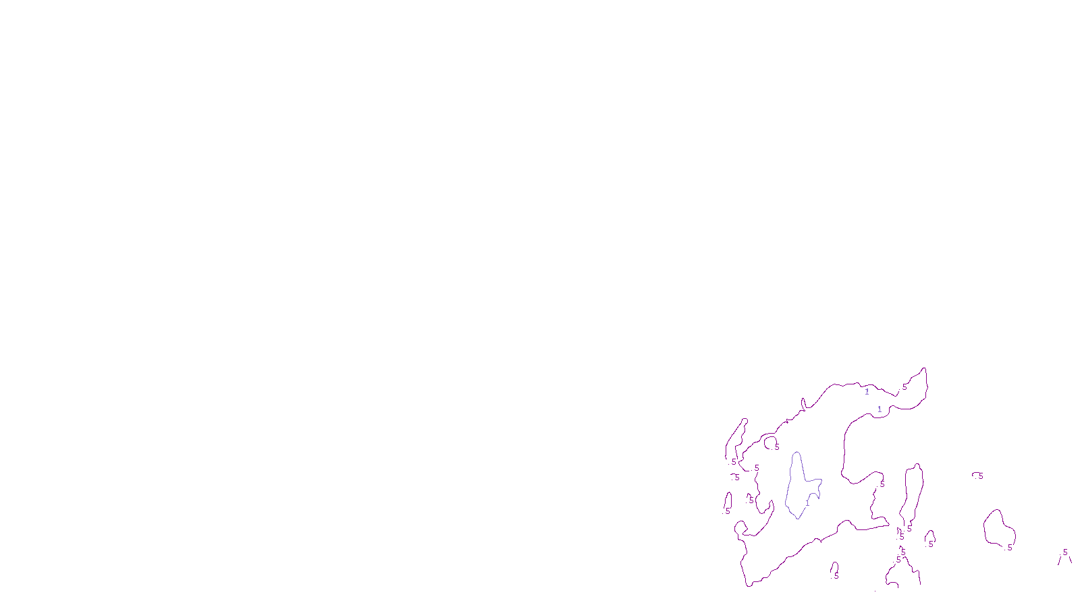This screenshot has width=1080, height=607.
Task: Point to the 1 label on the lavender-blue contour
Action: pos(807,502)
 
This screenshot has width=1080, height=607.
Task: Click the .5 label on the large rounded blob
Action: pos(1009,548)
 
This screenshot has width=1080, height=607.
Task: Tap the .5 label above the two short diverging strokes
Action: pos(1064,552)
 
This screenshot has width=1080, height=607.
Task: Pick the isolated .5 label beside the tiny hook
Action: pos(979,476)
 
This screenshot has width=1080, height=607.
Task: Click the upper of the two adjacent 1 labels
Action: pos(867,392)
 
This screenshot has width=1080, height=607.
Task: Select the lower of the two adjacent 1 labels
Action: pos(880,409)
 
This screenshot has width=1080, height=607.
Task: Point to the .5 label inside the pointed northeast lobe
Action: pos(904,387)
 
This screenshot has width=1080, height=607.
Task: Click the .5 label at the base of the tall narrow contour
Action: pos(909,529)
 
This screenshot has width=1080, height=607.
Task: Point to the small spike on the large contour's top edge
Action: pos(803,403)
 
